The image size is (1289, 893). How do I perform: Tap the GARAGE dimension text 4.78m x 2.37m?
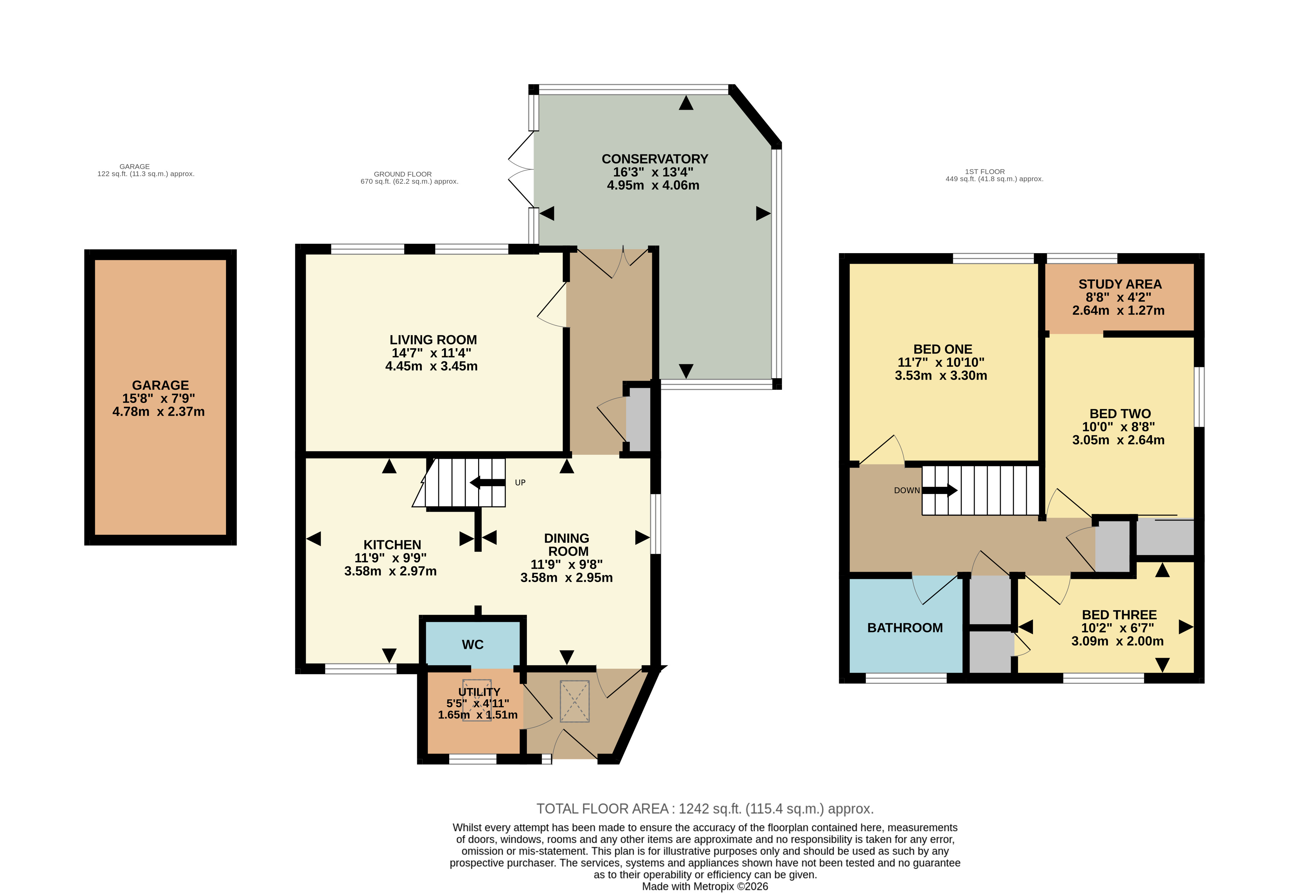pos(158,412)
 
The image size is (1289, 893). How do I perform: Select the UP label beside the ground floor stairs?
pos(520,483)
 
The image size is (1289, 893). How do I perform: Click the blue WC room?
pos(473,645)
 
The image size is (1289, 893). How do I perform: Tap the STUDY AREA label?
pos(1119,284)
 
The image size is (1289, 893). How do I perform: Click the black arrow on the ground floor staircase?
pos(487,482)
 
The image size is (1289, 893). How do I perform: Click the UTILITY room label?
pos(479,692)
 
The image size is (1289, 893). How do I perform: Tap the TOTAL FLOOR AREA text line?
pos(704,809)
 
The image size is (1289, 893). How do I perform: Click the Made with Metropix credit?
pos(704,886)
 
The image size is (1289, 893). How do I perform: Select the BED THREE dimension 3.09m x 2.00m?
pos(1117,641)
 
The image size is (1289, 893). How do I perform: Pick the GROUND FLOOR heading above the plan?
pos(403,174)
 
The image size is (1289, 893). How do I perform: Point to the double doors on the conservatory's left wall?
pos(521,169)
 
